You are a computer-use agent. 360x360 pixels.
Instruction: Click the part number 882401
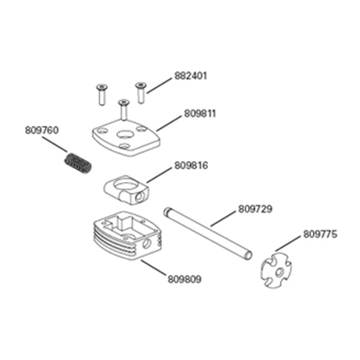point(191,76)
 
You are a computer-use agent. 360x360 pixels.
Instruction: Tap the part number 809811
point(200,114)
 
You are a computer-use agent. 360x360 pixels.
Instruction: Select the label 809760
point(41,130)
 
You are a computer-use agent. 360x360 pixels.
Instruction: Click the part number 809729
point(256,209)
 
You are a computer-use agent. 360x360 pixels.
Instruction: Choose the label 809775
point(320,234)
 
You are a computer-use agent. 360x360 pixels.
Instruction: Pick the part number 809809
point(184,280)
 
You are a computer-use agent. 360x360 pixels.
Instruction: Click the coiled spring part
point(77,163)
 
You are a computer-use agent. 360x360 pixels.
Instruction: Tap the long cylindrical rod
point(208,233)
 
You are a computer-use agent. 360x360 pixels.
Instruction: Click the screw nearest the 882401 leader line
point(140,93)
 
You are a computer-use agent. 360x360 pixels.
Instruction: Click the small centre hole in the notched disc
point(279,273)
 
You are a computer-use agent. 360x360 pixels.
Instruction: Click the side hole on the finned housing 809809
point(148,244)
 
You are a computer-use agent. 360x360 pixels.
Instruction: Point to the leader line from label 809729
point(222,219)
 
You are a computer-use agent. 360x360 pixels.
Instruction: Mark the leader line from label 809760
point(55,145)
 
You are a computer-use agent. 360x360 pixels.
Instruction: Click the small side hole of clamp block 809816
point(139,197)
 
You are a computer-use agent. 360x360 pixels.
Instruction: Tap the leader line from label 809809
point(153,267)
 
